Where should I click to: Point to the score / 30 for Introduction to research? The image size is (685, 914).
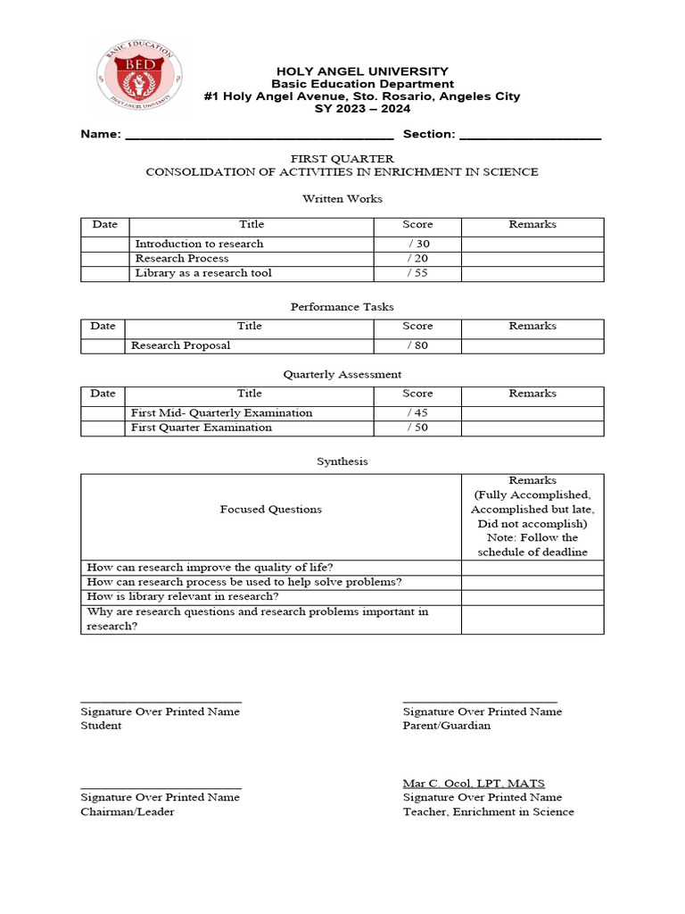click(x=417, y=244)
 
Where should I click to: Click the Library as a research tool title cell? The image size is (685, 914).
click(x=203, y=273)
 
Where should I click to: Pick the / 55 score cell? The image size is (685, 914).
click(x=417, y=273)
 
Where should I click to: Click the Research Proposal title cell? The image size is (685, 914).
click(x=180, y=345)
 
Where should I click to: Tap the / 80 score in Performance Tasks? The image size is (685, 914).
click(x=417, y=345)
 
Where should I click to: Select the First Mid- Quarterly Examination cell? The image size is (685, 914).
click(x=221, y=413)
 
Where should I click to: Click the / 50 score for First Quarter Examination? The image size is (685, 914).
click(x=417, y=428)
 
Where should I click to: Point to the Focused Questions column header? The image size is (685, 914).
click(x=270, y=510)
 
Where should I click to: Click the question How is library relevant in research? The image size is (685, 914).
click(x=183, y=596)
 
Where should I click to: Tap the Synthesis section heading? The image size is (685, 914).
click(x=342, y=461)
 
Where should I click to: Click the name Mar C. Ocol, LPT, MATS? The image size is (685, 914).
click(x=474, y=783)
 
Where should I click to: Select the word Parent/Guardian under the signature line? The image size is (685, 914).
click(x=446, y=726)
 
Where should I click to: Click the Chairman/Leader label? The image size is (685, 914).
click(x=128, y=811)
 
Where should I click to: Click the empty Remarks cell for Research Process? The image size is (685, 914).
click(x=532, y=259)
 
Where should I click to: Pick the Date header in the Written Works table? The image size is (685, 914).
click(x=104, y=225)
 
